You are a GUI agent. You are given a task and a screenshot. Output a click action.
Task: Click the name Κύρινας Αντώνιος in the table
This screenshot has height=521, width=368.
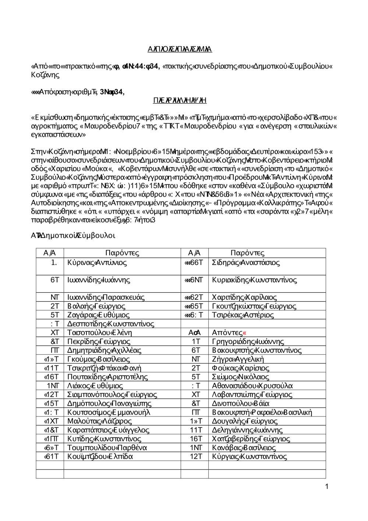click(97, 263)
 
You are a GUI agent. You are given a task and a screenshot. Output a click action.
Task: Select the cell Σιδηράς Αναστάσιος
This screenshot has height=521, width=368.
click(246, 263)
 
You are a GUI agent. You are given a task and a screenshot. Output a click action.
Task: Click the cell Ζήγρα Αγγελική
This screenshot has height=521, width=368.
click(238, 359)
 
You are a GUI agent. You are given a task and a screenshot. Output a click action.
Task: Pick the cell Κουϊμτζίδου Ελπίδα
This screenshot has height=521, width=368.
click(100, 457)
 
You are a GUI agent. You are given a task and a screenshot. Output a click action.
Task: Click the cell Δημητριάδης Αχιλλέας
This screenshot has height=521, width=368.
click(104, 351)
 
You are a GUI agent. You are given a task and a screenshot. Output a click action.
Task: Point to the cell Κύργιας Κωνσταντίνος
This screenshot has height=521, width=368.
click(250, 457)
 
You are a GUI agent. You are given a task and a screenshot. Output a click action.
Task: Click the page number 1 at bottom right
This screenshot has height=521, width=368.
click(327, 487)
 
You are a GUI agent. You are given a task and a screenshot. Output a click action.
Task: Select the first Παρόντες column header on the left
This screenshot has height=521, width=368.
click(122, 253)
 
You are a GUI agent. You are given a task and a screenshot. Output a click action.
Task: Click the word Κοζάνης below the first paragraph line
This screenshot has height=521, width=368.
click(45, 75)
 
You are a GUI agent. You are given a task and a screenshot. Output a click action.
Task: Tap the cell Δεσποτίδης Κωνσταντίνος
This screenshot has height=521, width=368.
click(111, 324)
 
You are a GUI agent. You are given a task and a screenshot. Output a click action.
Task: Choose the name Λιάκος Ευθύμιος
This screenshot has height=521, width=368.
click(95, 386)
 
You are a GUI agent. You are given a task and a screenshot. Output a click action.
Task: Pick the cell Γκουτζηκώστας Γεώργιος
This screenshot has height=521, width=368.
click(254, 306)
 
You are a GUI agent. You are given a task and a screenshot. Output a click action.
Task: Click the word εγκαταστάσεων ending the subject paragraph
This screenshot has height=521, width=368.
click(59, 135)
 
